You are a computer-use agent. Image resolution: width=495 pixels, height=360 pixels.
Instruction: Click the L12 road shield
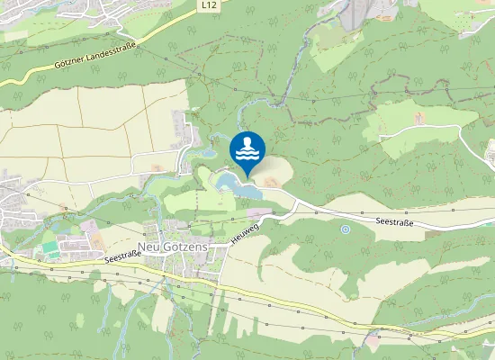(x=209, y=5)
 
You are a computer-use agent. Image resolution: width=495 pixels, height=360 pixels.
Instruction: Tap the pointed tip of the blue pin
(x=247, y=175)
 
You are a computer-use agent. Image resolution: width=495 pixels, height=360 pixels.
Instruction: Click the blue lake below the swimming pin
(x=236, y=187)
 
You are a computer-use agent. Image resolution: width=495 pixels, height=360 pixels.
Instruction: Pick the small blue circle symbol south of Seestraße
(x=345, y=229)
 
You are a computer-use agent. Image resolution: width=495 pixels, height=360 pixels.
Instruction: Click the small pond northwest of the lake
(x=208, y=153)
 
